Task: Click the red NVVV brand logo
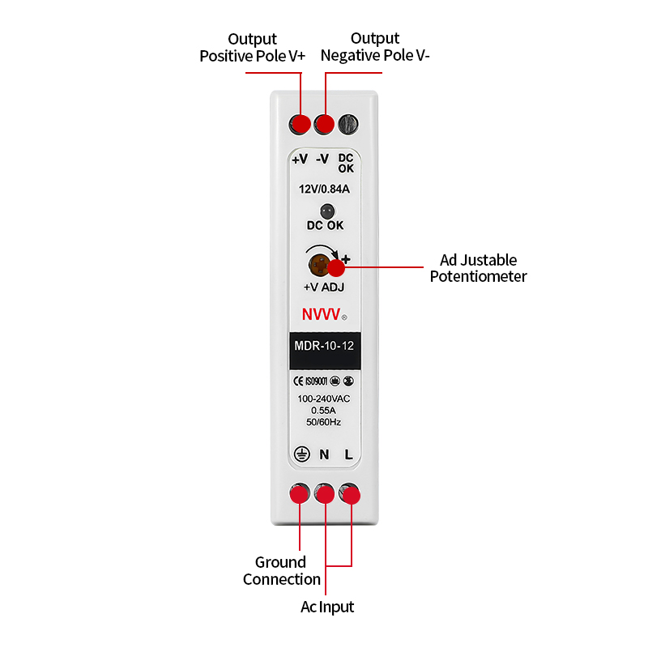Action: [321, 314]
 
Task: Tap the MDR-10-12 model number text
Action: [324, 346]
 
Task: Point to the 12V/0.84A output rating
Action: [324, 189]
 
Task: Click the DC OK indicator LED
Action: [327, 211]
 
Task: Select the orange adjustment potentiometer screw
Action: [319, 265]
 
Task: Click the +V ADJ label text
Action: [323, 287]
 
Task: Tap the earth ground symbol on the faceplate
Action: [301, 454]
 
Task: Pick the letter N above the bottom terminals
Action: [324, 454]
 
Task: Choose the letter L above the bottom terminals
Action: [349, 454]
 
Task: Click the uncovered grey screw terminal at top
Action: [348, 124]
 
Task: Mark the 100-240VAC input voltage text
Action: [323, 399]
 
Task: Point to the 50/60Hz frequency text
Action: [323, 422]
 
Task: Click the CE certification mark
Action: [298, 381]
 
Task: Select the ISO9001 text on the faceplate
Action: [316, 381]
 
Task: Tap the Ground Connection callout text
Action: [281, 571]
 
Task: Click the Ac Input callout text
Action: [327, 607]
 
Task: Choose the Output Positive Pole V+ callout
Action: [252, 48]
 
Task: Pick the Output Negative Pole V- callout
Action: [375, 47]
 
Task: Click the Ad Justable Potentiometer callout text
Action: [478, 268]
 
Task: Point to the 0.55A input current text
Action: [323, 411]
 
